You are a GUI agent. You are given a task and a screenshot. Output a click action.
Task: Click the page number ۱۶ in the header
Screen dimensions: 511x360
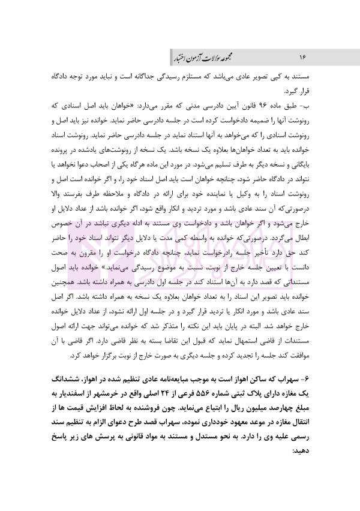point(303,56)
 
